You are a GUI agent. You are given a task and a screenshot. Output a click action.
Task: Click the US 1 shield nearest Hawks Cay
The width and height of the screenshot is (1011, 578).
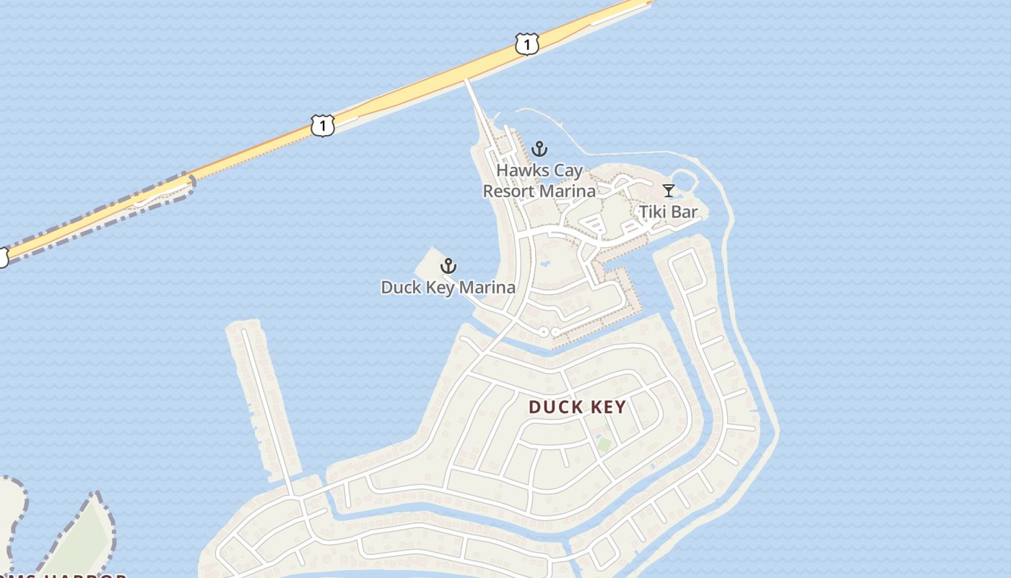point(527,45)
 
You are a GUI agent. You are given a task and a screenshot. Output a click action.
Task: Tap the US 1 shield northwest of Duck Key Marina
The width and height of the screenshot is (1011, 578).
point(323,125)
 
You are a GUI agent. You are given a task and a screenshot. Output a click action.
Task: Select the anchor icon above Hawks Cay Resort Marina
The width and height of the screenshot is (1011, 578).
point(539,150)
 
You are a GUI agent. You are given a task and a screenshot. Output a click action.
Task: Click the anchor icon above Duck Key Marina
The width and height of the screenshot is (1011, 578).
point(448,266)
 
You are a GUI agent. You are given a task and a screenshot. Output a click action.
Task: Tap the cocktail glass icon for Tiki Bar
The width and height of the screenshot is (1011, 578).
point(669,191)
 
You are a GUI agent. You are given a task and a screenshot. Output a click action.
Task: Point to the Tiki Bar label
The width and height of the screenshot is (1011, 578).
point(668,212)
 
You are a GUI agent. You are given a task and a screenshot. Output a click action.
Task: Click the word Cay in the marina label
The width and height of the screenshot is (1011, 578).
point(568,171)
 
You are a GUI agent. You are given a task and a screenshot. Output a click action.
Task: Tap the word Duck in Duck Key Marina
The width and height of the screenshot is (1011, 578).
point(399,288)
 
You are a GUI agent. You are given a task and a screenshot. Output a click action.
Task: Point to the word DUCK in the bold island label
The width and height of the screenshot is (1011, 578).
point(555,407)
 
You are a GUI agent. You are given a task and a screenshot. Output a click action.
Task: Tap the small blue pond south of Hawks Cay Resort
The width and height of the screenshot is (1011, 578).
point(543,264)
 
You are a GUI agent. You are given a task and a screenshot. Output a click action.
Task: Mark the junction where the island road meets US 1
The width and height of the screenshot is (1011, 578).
point(466,79)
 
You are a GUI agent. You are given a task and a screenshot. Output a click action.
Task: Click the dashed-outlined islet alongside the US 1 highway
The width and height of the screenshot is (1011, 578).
point(165,191)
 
